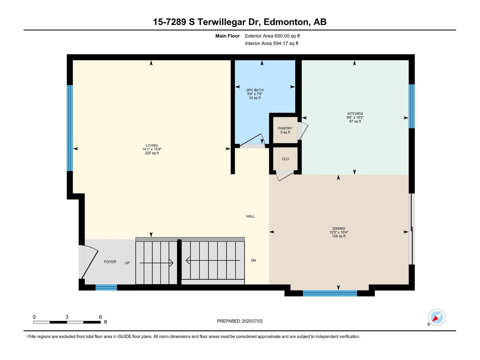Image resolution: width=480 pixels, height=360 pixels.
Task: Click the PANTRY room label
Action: (x=285, y=128)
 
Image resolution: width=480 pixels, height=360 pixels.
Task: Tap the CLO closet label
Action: (x=285, y=159)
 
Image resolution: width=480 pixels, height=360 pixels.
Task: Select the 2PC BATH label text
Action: (x=255, y=90)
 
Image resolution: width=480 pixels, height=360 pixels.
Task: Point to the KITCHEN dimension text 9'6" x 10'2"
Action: (x=355, y=118)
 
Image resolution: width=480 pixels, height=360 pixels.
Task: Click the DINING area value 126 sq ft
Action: (x=339, y=236)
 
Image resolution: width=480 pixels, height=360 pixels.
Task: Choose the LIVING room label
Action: (x=152, y=145)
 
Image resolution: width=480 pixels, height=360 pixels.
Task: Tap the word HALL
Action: (x=250, y=216)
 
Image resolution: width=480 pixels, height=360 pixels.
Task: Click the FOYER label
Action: (x=110, y=262)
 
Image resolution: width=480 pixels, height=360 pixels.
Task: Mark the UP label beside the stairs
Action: (x=127, y=263)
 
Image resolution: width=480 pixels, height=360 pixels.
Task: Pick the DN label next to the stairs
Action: (x=253, y=260)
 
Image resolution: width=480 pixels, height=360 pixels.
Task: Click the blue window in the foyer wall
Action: (x=106, y=287)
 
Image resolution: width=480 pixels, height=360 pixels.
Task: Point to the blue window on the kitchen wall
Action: (x=412, y=106)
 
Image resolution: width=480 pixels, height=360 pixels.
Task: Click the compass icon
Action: (x=436, y=317)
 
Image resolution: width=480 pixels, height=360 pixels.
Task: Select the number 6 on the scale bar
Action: (x=100, y=317)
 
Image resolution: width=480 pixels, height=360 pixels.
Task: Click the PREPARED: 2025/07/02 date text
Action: (x=240, y=321)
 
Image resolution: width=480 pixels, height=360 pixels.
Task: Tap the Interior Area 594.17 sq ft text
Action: (x=271, y=43)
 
